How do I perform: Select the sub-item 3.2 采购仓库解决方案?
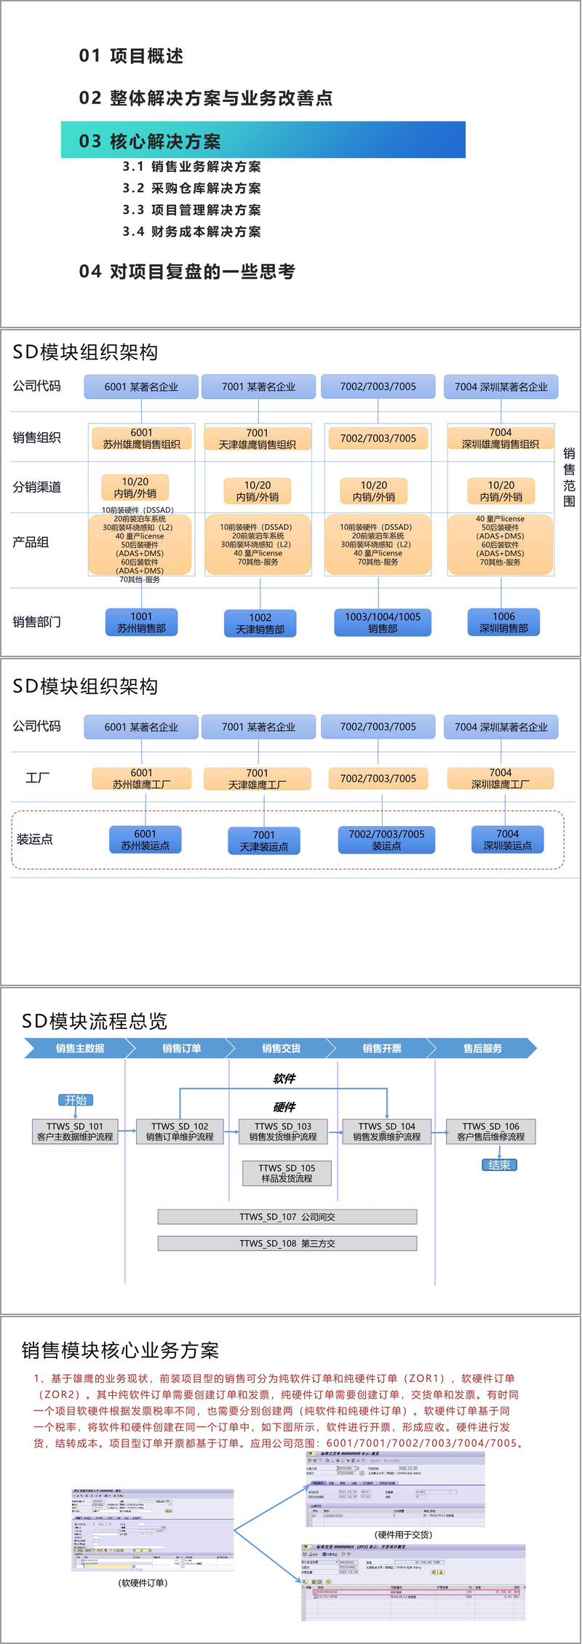[x=191, y=188]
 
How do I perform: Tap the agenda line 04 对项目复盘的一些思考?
[x=187, y=272]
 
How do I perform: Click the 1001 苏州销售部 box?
[x=141, y=622]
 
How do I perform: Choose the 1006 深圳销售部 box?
[x=503, y=622]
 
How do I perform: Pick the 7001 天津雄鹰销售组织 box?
[x=258, y=438]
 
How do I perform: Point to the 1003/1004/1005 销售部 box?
[x=383, y=622]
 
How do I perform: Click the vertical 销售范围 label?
[x=569, y=477]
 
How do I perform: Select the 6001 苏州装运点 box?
[x=145, y=839]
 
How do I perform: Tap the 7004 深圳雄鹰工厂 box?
[x=501, y=778]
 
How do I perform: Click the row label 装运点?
[x=35, y=839]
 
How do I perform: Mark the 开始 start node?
[x=76, y=1100]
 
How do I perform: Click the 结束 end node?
[x=499, y=1165]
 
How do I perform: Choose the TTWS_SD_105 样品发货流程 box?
[x=287, y=1173]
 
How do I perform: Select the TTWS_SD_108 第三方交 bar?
[x=287, y=1244]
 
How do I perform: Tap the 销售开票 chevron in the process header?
[x=382, y=1049]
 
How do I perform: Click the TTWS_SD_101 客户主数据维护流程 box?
[x=75, y=1132]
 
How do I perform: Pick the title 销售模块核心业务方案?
[x=120, y=1351]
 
